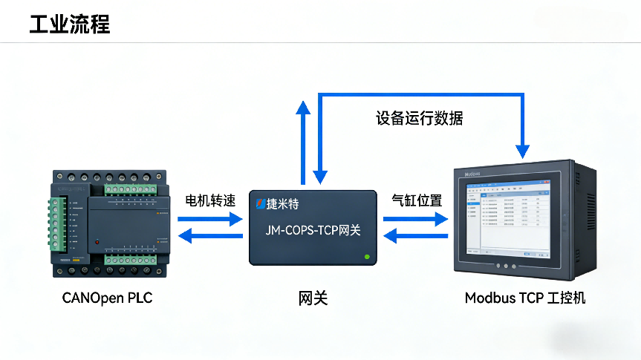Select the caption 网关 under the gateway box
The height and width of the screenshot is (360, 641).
[313, 298]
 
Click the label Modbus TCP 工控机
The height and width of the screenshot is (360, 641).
[525, 298]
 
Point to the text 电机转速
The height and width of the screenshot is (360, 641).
[210, 201]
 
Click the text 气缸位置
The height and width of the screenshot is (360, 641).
[417, 200]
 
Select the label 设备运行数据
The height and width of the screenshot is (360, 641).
[420, 118]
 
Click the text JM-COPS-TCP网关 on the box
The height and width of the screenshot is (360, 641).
[313, 230]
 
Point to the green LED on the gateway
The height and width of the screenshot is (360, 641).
[367, 258]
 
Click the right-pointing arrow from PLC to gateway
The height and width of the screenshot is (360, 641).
[211, 219]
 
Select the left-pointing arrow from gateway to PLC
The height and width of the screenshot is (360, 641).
[211, 237]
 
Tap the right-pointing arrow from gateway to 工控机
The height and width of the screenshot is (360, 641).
[417, 219]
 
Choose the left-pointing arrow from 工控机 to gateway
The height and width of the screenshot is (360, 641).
[417, 237]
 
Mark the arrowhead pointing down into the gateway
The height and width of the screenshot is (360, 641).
[320, 177]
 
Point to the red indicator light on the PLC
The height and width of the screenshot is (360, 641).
[97, 243]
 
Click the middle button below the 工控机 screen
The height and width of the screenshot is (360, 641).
[506, 266]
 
